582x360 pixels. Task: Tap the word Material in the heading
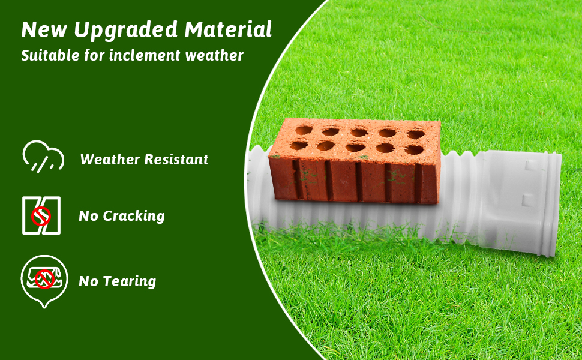point(229,29)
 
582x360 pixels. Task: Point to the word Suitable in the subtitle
point(49,56)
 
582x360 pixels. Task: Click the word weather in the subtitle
point(214,56)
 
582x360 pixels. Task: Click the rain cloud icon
point(43,156)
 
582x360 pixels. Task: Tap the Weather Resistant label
point(144,160)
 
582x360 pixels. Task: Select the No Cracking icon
point(41,215)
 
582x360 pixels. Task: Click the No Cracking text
point(122,216)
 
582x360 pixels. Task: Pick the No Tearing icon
point(45,280)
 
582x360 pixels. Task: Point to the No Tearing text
point(118,281)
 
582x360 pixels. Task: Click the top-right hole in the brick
point(415,134)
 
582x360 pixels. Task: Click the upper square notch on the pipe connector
point(528,163)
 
